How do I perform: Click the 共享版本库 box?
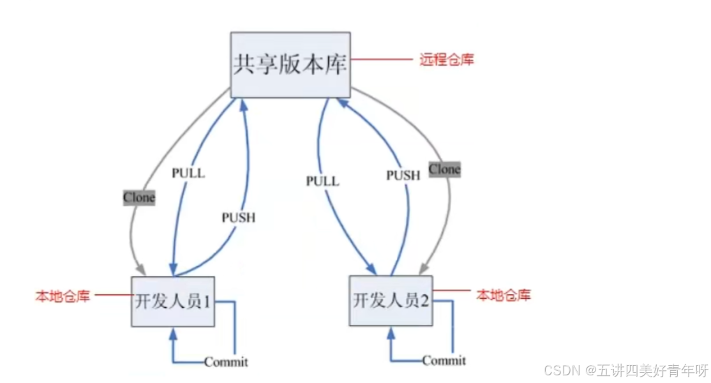coord(290,64)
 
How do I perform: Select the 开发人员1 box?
coord(173,301)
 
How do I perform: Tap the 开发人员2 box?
coord(391,300)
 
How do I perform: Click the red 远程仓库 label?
coord(447,60)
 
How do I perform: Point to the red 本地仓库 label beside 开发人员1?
coord(63,296)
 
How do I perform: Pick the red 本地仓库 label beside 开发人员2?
coord(504,295)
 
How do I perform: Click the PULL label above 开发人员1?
coord(188,172)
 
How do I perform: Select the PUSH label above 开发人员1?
coord(238,218)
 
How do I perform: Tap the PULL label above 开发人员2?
coord(322,181)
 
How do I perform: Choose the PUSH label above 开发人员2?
coord(403,175)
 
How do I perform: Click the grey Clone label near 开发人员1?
coord(139,197)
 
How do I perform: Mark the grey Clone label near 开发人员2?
coord(444,169)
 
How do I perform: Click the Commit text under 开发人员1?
coord(226,362)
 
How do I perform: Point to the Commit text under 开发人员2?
coord(444,361)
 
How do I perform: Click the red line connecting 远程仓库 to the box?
coord(382,60)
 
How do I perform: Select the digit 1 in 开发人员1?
coord(206,301)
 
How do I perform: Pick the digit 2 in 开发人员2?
coord(424,300)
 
